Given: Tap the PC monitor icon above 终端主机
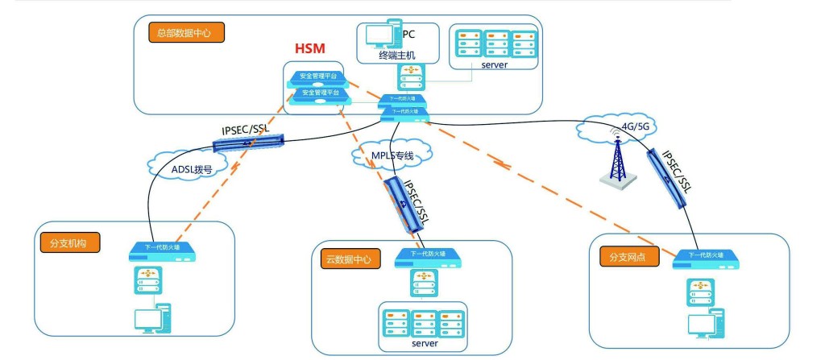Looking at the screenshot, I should pyautogui.click(x=380, y=35).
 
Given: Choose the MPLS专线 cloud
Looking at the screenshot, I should pyautogui.click(x=392, y=154).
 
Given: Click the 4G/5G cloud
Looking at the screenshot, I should pyautogui.click(x=618, y=126).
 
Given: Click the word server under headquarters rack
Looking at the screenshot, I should pyautogui.click(x=494, y=65).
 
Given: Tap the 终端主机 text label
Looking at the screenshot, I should pyautogui.click(x=396, y=55).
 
